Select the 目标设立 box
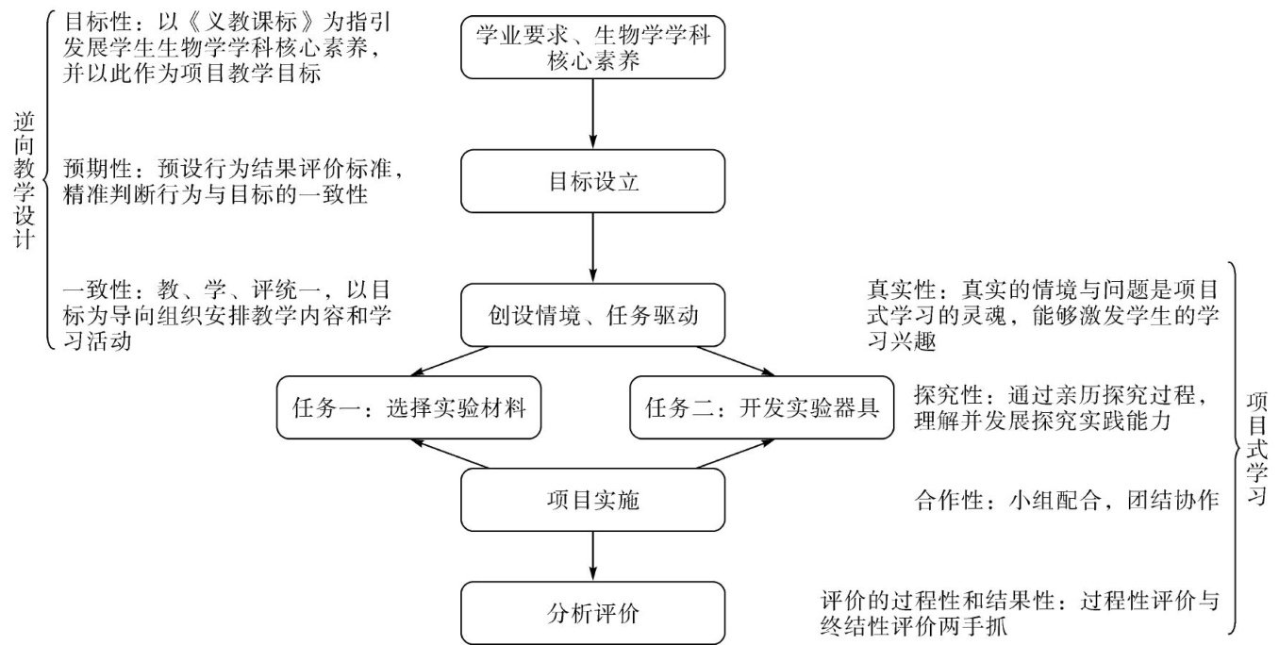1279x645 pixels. pos(592,182)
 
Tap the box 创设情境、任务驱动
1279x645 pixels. pos(592,317)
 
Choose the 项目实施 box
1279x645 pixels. pos(592,501)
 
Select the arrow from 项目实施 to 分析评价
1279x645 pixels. pos(592,557)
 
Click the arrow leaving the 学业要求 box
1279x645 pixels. pos(592,114)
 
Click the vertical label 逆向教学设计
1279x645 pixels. pos(25,182)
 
